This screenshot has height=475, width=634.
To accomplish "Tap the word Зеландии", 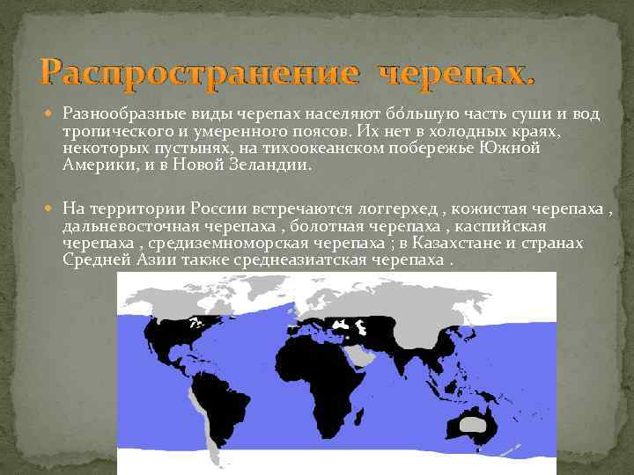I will tap(266, 164).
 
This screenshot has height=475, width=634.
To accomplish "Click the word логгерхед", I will tap(394, 208).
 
